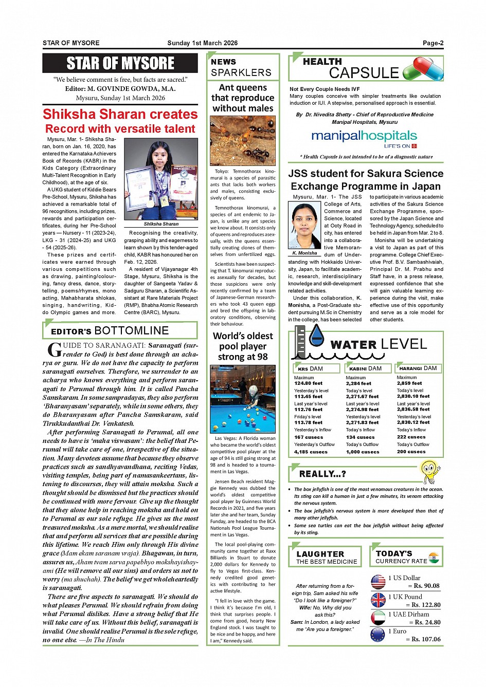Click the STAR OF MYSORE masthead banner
click(120, 63)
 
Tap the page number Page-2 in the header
click(433, 43)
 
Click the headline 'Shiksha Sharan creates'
click(120, 114)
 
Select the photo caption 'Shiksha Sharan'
click(161, 224)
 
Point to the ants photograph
click(243, 141)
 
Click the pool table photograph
click(243, 399)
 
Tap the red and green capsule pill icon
click(423, 69)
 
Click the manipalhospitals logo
click(364, 137)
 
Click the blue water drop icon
click(317, 335)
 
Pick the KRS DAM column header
click(311, 368)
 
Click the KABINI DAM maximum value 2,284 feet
click(358, 383)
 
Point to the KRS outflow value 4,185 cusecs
click(311, 452)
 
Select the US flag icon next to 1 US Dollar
click(378, 582)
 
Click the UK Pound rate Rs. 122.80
click(424, 605)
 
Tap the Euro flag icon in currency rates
click(377, 635)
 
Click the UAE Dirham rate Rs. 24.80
click(424, 622)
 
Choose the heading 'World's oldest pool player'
click(243, 346)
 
